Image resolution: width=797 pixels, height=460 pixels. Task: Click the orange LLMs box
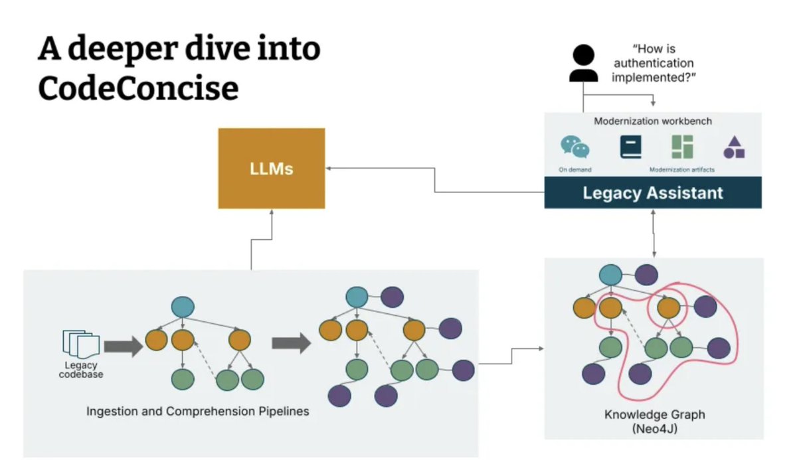pyautogui.click(x=272, y=169)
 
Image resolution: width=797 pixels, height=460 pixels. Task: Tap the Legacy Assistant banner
pyautogui.click(x=652, y=193)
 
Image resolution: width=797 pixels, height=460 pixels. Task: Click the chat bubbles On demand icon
pyautogui.click(x=575, y=147)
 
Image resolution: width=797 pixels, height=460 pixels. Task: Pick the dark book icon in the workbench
pyautogui.click(x=630, y=147)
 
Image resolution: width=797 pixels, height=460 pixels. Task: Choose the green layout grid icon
pyautogui.click(x=682, y=147)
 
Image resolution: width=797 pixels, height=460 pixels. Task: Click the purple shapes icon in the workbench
pyautogui.click(x=734, y=147)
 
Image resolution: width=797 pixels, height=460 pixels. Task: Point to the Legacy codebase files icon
pyautogui.click(x=80, y=343)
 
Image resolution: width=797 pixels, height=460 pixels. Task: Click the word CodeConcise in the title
pyautogui.click(x=137, y=88)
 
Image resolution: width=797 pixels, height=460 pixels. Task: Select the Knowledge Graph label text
pyautogui.click(x=654, y=415)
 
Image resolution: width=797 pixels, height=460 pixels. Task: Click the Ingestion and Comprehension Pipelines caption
pyautogui.click(x=198, y=412)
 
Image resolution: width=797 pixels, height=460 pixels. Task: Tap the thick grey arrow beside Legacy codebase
pyautogui.click(x=124, y=346)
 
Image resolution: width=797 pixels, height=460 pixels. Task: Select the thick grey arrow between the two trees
pyautogui.click(x=290, y=343)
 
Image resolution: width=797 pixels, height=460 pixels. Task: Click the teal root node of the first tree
pyautogui.click(x=183, y=306)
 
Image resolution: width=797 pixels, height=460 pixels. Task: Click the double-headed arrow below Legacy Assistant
pyautogui.click(x=656, y=233)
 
